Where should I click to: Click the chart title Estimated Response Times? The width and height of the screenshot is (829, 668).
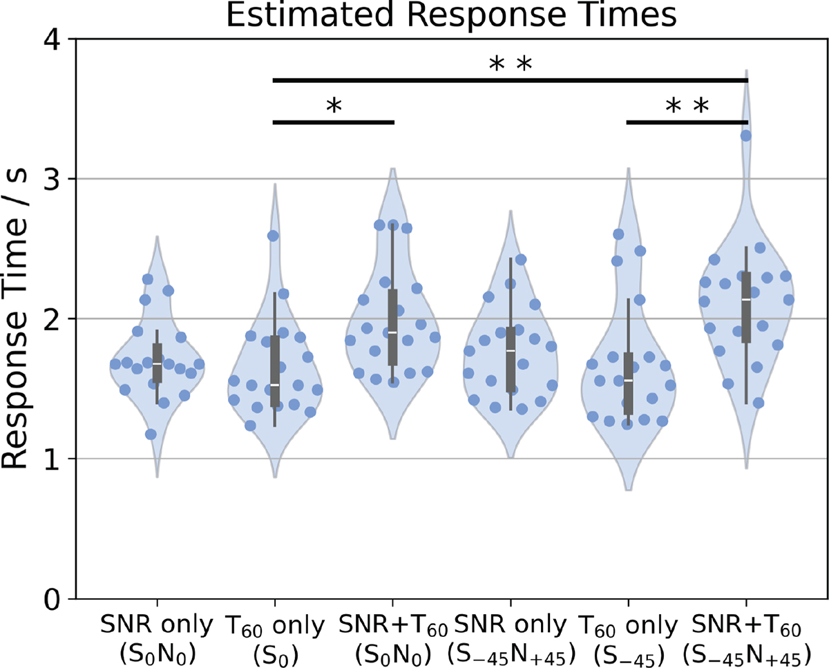coord(451,15)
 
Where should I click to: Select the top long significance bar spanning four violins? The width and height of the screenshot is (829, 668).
coord(510,80)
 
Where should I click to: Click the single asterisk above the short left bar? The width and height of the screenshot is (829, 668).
coord(334,106)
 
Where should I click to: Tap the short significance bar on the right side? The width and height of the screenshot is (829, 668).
coord(687,122)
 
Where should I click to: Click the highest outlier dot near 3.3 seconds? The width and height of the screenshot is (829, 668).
coord(746,135)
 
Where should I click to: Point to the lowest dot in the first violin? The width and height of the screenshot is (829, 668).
coord(151,435)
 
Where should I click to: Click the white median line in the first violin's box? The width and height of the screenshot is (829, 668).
coord(158,363)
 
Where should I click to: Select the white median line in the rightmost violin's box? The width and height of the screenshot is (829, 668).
coord(746,299)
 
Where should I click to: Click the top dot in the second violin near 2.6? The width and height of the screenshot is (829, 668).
coord(273,236)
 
